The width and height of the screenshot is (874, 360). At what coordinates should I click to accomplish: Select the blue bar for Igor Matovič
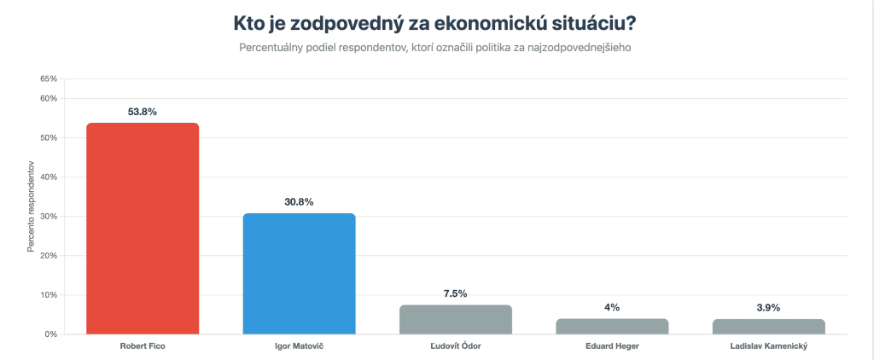299,274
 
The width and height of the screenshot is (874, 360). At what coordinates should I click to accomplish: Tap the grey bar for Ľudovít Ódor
455,320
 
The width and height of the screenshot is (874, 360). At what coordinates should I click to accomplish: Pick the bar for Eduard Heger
612,327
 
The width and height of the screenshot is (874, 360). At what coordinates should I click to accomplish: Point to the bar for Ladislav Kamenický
768,327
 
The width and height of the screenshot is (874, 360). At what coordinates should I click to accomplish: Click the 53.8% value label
143,112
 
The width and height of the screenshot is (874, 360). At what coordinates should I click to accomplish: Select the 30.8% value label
299,202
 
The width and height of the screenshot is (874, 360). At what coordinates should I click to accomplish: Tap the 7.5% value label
455,293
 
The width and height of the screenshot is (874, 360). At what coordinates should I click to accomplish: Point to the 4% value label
612,307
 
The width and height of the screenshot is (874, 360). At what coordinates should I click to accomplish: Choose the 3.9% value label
768,307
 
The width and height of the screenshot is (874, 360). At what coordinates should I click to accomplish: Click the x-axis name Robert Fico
143,347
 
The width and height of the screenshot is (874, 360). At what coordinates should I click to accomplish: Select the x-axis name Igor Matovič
299,347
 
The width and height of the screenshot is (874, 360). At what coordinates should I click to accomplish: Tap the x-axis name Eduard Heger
612,347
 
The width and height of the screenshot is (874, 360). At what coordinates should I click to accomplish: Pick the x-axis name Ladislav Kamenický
768,347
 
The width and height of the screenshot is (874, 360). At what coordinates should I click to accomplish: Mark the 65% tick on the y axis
48,78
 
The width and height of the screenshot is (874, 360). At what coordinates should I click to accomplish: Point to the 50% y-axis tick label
48,138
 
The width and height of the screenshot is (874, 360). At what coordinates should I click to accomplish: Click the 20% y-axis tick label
48,256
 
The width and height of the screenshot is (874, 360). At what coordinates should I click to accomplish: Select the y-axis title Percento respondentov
31,206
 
